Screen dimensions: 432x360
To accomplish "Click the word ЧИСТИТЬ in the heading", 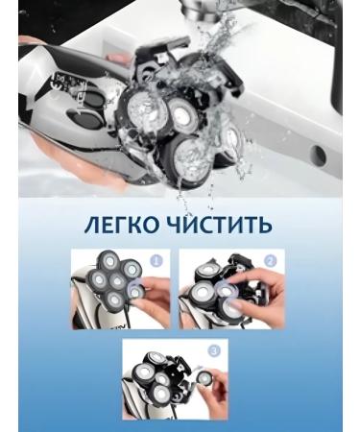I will pyautogui.click(x=222, y=225).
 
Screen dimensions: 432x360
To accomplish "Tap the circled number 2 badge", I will pyautogui.click(x=270, y=259).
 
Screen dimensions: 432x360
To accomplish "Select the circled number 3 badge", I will pyautogui.click(x=214, y=350).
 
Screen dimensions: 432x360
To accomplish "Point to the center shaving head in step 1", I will pyautogui.click(x=116, y=283).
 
